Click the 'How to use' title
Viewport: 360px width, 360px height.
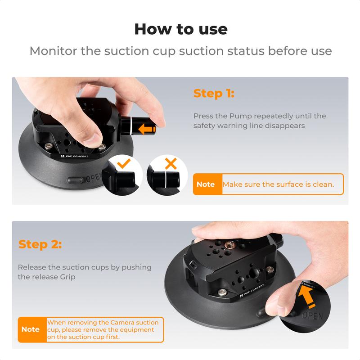click(180, 29)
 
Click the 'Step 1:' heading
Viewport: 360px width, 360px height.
click(214, 94)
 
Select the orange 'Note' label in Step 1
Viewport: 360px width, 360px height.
click(206, 184)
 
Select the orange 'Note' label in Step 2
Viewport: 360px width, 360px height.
click(31, 329)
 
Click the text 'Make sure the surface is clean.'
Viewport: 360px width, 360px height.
click(278, 184)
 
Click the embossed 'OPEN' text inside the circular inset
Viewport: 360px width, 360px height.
click(312, 315)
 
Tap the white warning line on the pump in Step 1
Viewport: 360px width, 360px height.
click(127, 126)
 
